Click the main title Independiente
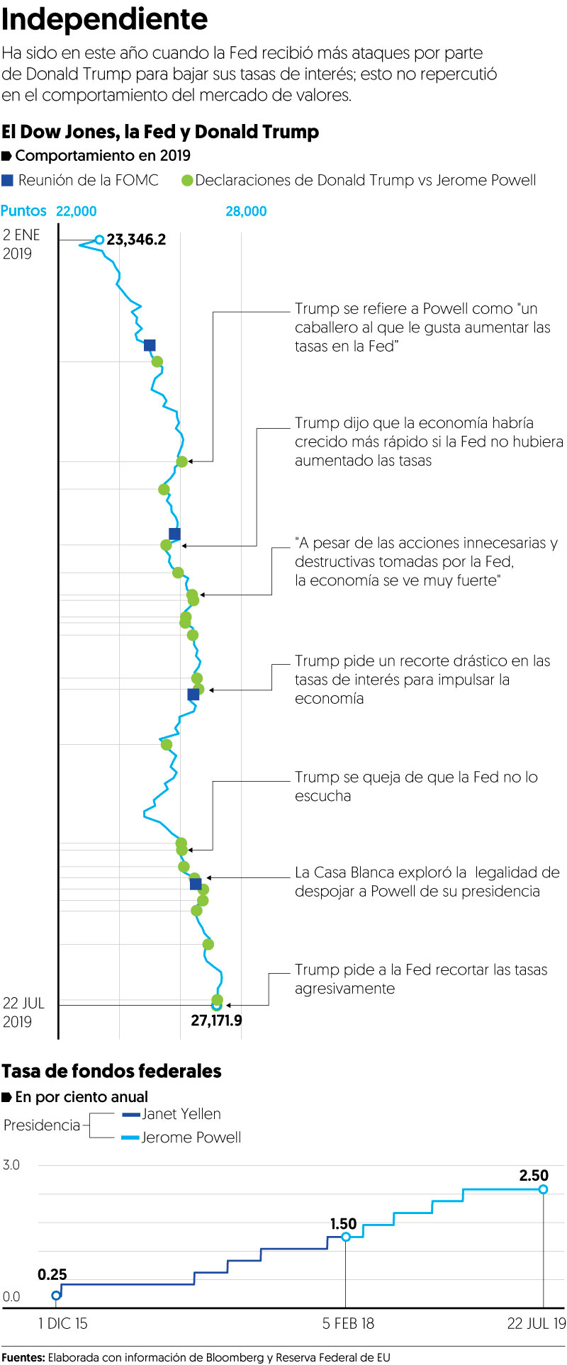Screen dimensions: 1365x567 pyautogui.click(x=105, y=20)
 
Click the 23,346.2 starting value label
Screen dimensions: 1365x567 pyautogui.click(x=136, y=240)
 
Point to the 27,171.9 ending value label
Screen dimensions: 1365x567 pyautogui.click(x=216, y=1021)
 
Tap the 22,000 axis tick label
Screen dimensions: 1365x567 pyautogui.click(x=76, y=211)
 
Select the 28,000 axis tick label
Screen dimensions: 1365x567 pyautogui.click(x=246, y=211)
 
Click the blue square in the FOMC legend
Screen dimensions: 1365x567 pyautogui.click(x=7, y=180)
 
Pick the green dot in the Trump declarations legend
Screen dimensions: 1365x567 pyautogui.click(x=187, y=181)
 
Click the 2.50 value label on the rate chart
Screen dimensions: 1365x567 pyautogui.click(x=534, y=1176)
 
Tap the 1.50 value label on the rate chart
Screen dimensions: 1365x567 pyautogui.click(x=344, y=1224)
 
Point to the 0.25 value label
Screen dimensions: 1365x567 pyautogui.click(x=52, y=1275)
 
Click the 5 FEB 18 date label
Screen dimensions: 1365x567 pyautogui.click(x=348, y=1323)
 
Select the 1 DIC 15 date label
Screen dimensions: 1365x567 pyautogui.click(x=63, y=1323)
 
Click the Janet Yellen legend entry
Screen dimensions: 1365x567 pyautogui.click(x=181, y=1114)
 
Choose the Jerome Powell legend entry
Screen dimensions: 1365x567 pyautogui.click(x=191, y=1137)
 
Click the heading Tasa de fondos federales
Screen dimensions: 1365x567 pyautogui.click(x=112, y=1071)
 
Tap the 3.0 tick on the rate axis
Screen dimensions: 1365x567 pyautogui.click(x=11, y=1165)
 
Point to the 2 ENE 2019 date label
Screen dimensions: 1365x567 pyautogui.click(x=22, y=244)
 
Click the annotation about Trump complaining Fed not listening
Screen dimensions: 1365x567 pyautogui.click(x=416, y=786)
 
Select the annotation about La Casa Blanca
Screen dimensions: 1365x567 pyautogui.click(x=427, y=882)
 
